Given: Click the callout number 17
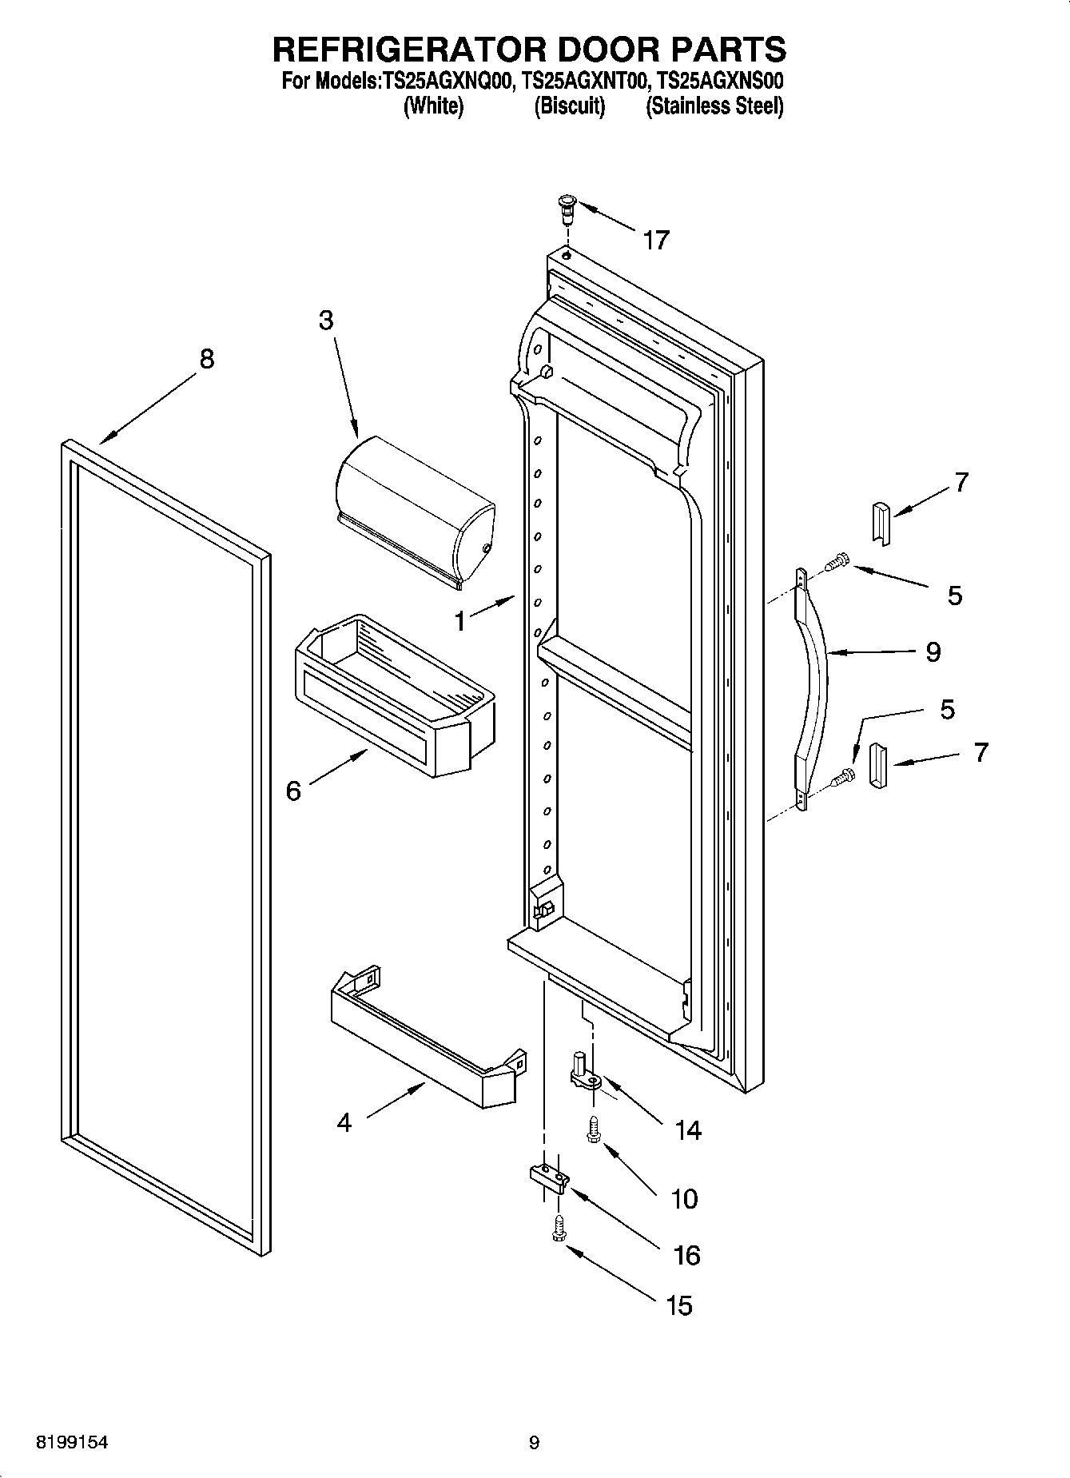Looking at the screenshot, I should [x=655, y=240].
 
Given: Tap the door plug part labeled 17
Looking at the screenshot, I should [x=566, y=206].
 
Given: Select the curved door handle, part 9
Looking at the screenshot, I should [x=815, y=687].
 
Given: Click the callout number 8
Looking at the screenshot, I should [x=206, y=360].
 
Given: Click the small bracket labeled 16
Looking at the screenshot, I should [x=548, y=1177].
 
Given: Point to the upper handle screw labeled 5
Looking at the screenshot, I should [x=836, y=563].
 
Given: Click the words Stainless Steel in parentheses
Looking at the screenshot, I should [x=714, y=106].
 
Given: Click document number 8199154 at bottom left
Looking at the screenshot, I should [x=72, y=1443].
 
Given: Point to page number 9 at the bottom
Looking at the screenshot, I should [x=534, y=1443].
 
